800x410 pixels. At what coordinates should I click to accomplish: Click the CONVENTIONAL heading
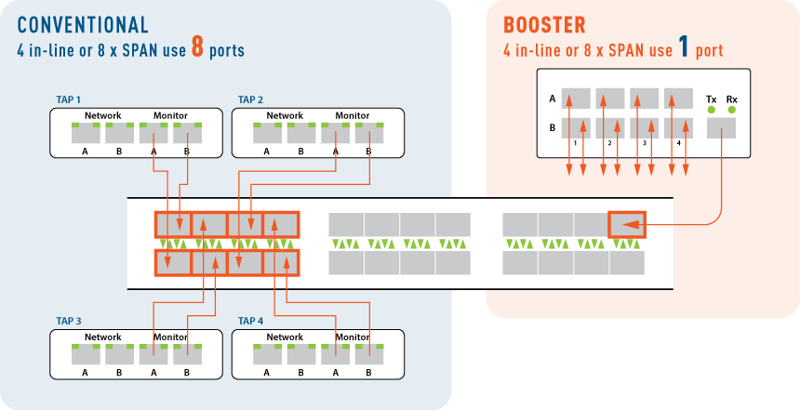(83, 25)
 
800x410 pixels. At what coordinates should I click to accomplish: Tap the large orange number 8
(197, 48)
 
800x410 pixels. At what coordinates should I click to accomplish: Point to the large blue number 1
(684, 48)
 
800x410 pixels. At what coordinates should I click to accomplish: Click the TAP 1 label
(68, 99)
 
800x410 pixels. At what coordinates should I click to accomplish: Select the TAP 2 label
(251, 99)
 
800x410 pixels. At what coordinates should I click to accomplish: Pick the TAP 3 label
(68, 321)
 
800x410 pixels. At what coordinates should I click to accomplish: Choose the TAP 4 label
(251, 321)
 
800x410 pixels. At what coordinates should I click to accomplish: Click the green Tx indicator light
(712, 111)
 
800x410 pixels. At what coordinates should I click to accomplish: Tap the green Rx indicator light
(731, 111)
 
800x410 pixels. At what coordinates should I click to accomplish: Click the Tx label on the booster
(712, 99)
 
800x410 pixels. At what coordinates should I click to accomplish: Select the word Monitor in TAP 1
(170, 116)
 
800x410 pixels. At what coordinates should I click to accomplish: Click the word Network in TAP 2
(285, 116)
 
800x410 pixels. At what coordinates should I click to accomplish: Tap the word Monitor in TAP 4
(353, 337)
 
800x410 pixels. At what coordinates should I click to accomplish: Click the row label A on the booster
(553, 98)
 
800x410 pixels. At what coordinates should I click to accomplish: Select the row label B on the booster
(553, 127)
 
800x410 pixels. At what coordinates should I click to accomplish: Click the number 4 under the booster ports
(680, 143)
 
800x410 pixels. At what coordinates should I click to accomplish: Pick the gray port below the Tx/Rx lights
(722, 127)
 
